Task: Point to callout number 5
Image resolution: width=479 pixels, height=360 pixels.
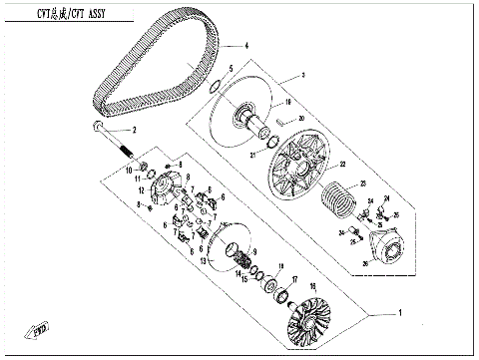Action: point(232,69)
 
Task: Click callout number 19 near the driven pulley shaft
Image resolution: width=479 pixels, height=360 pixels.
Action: point(287,102)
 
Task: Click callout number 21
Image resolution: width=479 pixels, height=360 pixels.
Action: point(254,157)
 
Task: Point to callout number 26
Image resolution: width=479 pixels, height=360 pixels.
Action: point(365,264)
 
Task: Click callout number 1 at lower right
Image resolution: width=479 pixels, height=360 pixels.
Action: point(399,312)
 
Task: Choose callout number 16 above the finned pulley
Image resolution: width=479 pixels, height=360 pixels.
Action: point(311,285)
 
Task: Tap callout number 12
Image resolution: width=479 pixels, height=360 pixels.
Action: point(143,189)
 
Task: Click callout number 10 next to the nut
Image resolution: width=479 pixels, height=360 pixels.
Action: point(130,170)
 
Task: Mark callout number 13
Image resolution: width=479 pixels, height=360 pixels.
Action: point(204,261)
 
